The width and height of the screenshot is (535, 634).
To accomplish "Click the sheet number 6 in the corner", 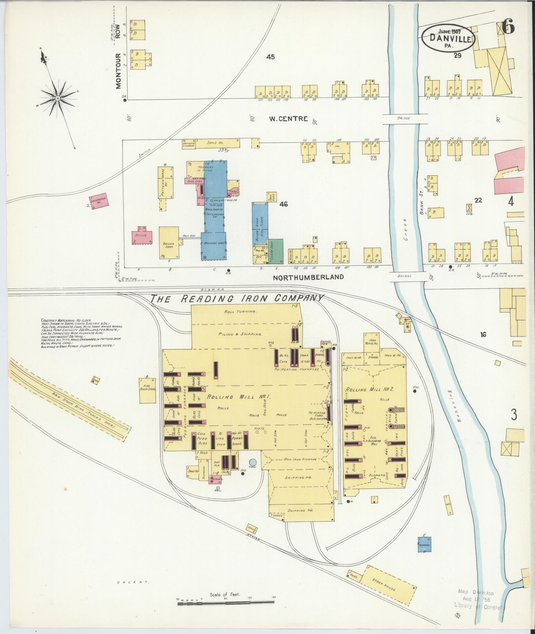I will click(x=508, y=26).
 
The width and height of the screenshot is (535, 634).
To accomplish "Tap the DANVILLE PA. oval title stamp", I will click(x=450, y=39).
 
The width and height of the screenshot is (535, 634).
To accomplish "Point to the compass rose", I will click(x=58, y=98).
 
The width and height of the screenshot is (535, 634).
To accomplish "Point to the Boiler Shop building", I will click(x=168, y=243).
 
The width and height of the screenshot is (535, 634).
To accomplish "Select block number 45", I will click(x=270, y=57).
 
